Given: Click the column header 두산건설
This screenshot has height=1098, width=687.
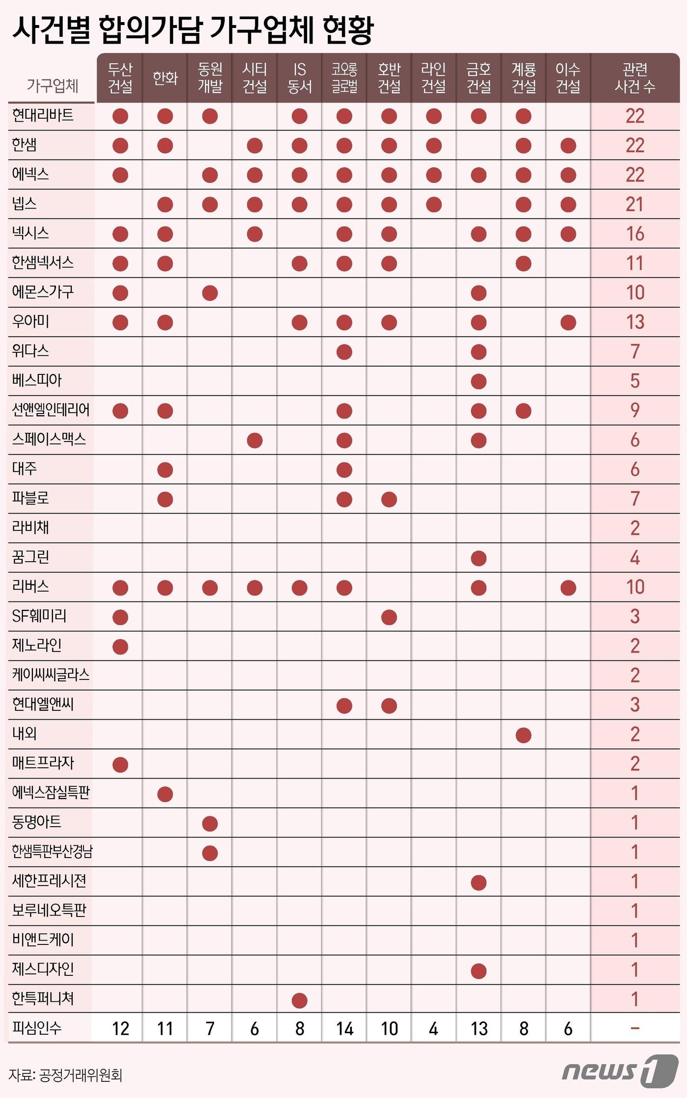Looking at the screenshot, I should click(x=120, y=78).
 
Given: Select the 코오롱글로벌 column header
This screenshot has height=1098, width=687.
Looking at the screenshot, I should click(x=344, y=78).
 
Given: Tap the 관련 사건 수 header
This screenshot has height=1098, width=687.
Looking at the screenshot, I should click(x=634, y=78).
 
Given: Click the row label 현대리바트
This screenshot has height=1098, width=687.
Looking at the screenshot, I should click(x=43, y=116).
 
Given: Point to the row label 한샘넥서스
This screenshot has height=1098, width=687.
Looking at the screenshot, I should click(x=43, y=263).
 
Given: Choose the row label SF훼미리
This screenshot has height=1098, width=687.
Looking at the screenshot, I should click(x=39, y=616).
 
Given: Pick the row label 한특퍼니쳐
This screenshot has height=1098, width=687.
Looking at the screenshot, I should click(x=43, y=999).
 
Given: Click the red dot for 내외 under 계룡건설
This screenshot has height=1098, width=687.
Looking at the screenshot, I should click(x=524, y=735).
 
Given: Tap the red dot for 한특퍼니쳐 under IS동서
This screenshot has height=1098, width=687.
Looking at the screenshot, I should click(x=299, y=1000).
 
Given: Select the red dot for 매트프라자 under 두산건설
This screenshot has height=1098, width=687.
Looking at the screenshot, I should click(x=120, y=764).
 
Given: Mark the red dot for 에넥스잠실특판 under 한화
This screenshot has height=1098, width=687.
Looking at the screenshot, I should click(x=165, y=794).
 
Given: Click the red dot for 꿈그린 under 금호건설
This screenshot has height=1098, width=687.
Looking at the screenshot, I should click(x=478, y=558).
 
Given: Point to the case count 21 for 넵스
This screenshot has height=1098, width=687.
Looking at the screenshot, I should click(x=634, y=205).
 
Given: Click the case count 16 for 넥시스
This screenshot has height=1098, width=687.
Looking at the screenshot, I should click(x=634, y=234).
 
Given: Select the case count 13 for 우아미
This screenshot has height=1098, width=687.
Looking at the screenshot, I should click(x=634, y=322).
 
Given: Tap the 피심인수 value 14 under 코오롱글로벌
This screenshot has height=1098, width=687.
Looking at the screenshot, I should click(x=344, y=1028).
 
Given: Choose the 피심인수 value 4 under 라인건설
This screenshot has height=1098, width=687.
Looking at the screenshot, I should click(x=433, y=1028).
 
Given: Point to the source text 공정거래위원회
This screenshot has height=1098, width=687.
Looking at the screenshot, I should click(x=80, y=1075).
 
